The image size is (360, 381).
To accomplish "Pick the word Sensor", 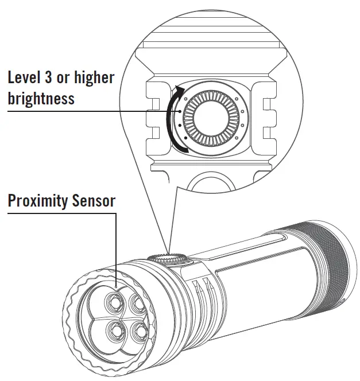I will (94, 201).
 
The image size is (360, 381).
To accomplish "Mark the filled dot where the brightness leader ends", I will (180, 111).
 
